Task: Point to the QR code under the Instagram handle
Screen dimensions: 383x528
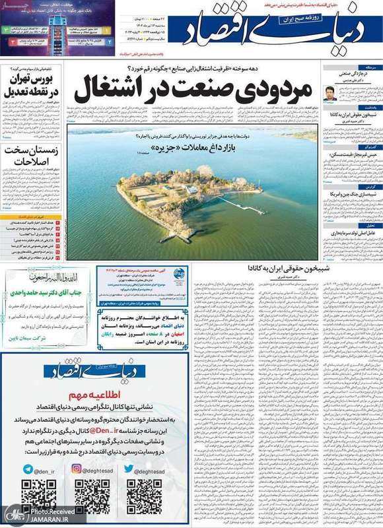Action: tap(91, 497)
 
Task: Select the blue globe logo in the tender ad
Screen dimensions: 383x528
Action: tap(180, 274)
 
